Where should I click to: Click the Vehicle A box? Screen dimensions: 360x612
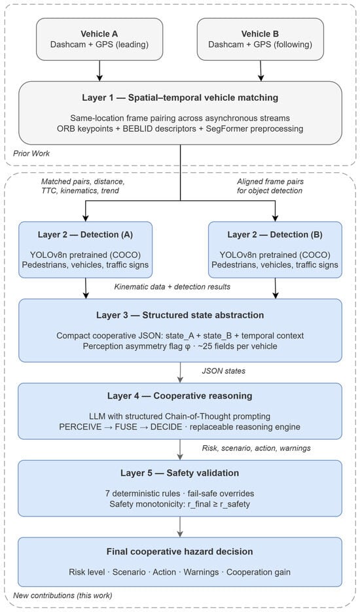99,39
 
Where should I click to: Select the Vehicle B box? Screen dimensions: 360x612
260,39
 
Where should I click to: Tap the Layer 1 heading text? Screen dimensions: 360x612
180,98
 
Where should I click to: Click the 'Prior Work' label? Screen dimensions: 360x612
31,153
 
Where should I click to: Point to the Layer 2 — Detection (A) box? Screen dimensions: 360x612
85,250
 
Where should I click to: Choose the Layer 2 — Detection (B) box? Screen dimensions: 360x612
275,250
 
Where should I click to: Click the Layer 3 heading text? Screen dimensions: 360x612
180,315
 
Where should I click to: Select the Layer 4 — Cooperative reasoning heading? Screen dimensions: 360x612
180,396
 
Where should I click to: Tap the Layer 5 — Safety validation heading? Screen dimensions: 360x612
180,473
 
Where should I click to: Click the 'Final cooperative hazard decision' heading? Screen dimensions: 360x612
180,552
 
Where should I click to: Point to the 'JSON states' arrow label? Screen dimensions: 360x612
223,370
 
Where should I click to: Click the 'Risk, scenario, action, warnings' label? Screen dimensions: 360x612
256,448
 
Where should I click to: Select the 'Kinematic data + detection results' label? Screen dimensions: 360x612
172,287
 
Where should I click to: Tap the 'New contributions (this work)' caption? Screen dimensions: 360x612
62,595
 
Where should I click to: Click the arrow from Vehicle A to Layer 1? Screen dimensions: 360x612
99,71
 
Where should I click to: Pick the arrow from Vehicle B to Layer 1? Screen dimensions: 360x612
261,71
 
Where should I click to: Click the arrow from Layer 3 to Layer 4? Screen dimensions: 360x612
180,372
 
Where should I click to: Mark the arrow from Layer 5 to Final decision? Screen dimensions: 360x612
180,527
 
